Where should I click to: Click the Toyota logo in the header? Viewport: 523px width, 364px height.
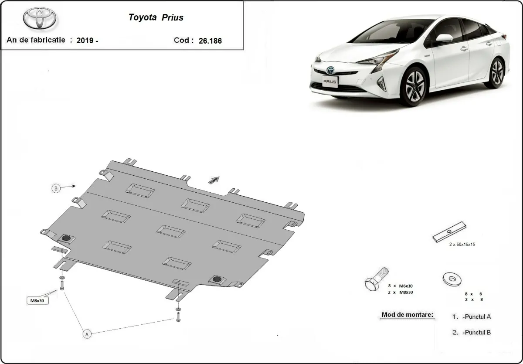pos(40,18)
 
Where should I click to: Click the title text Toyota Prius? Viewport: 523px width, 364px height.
pos(156,18)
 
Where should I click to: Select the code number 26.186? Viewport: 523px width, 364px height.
pos(210,41)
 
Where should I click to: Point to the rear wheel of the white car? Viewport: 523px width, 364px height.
pos(496,72)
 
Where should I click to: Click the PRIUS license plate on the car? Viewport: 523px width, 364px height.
pos(330,82)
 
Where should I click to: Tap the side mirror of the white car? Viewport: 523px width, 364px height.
pos(443,38)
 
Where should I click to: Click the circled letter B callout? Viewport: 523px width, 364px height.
pos(55,188)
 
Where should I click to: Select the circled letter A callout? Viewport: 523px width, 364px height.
pos(87,334)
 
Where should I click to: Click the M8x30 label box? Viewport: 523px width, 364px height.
pos(38,300)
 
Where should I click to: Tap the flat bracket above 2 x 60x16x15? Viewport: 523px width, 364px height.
pos(449,232)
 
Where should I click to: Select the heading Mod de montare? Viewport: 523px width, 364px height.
pos(408,315)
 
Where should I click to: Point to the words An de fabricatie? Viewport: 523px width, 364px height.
pos(36,40)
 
